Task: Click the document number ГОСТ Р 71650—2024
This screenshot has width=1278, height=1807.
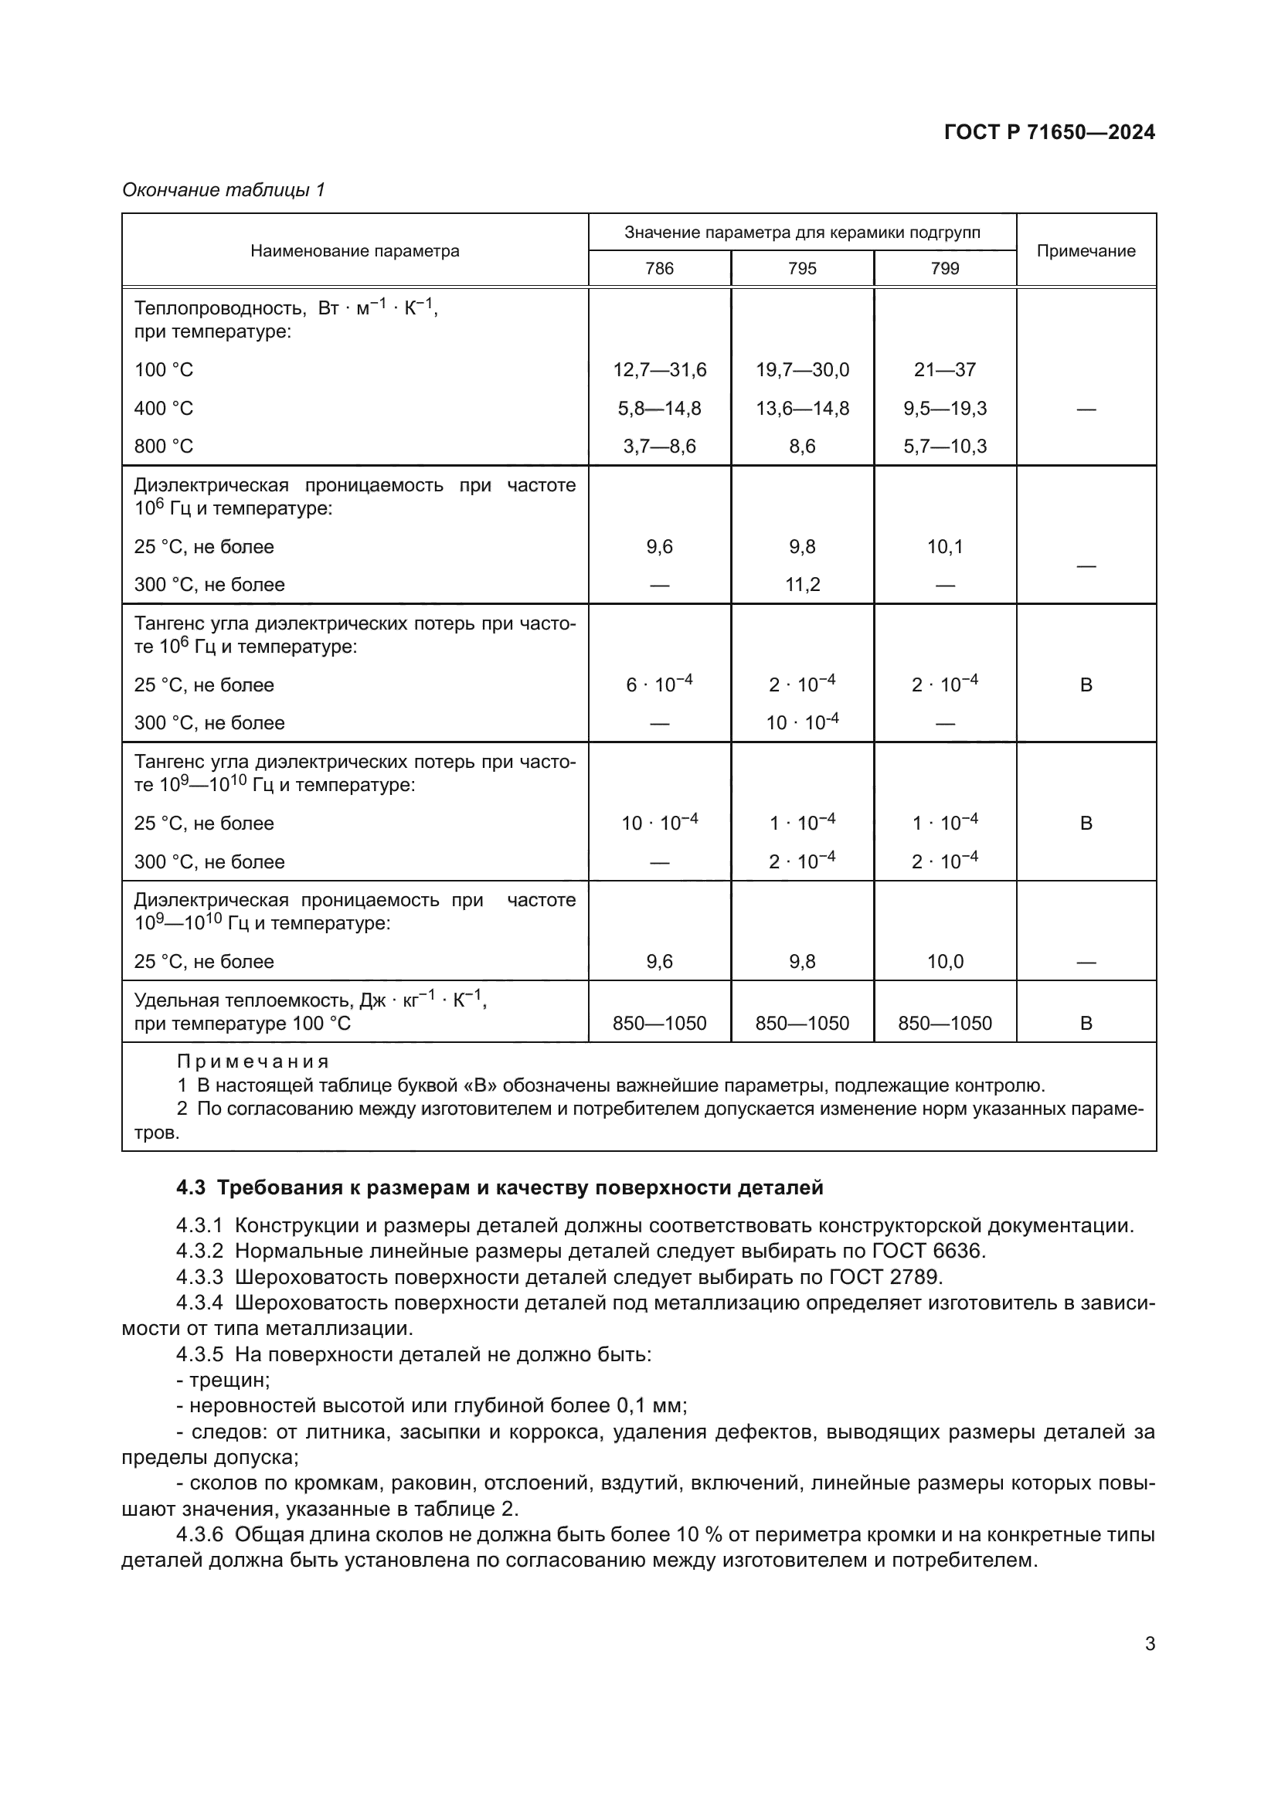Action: click(1049, 132)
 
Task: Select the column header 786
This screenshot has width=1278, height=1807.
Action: click(659, 268)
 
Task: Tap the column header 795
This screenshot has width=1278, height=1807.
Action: click(802, 268)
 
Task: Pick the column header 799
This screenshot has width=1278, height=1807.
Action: click(944, 268)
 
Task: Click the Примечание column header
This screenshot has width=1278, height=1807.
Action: click(1086, 251)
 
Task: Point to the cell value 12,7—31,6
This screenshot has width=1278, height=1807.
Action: click(659, 370)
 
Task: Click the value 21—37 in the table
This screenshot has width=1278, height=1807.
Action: click(944, 370)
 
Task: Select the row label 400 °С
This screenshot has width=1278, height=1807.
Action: click(164, 409)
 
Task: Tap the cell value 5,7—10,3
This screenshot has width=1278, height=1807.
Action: click(944, 447)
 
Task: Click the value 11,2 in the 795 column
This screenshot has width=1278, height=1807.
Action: click(802, 585)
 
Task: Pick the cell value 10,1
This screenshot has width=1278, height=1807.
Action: click(944, 547)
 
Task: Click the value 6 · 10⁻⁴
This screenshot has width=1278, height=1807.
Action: click(659, 684)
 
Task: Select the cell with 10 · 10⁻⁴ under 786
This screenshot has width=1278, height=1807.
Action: click(659, 824)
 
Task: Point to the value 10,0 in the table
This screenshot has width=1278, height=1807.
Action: click(944, 962)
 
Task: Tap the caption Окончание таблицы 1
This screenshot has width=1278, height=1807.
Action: click(223, 190)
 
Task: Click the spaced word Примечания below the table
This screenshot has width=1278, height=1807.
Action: click(253, 1061)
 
